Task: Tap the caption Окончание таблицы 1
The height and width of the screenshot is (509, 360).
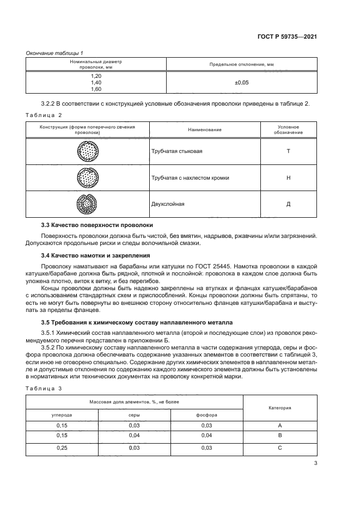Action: pyautogui.click(x=54, y=52)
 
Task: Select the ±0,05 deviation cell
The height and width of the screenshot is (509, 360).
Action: pyautogui.click(x=241, y=82)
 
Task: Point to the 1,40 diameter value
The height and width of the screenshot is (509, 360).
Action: pyautogui.click(x=96, y=82)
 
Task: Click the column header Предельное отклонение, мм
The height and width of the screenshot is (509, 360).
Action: pyautogui.click(x=241, y=64)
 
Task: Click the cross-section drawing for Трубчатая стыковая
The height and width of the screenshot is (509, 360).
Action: pyautogui.click(x=87, y=151)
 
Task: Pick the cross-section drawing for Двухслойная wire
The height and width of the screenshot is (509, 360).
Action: pyautogui.click(x=87, y=204)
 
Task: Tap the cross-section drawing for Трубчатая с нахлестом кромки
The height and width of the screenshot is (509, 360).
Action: pyautogui.click(x=87, y=177)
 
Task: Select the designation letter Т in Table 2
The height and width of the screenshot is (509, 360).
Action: pyautogui.click(x=288, y=151)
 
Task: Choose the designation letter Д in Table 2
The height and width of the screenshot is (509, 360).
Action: pyautogui.click(x=288, y=204)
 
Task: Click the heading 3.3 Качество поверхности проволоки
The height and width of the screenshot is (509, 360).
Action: pyautogui.click(x=97, y=225)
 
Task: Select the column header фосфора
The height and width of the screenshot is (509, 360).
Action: pyautogui.click(x=206, y=415)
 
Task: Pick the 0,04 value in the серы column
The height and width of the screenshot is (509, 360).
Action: pyautogui.click(x=134, y=436)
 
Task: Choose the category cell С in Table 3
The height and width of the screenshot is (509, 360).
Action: pyautogui.click(x=279, y=447)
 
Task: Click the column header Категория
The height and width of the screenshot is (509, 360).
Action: pyautogui.click(x=279, y=407)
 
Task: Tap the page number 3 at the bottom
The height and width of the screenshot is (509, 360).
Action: pyautogui.click(x=315, y=464)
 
